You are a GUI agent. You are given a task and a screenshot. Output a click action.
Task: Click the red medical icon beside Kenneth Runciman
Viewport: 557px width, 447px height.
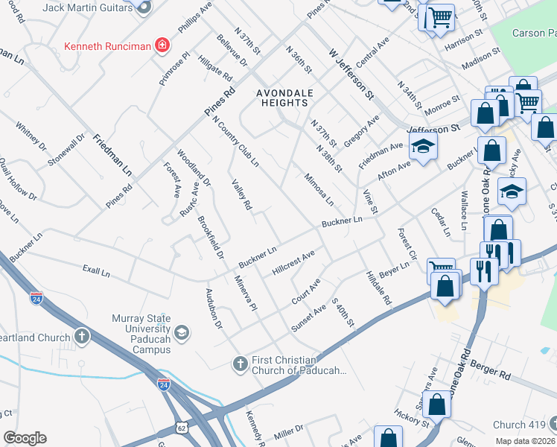click(x=162, y=45)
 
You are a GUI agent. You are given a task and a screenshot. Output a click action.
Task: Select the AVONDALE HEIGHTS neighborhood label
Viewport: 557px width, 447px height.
click(x=285, y=98)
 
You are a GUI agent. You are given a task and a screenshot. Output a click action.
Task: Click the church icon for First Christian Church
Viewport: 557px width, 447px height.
click(x=240, y=364)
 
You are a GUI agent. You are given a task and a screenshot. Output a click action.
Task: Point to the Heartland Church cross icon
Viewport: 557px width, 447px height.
click(x=81, y=337)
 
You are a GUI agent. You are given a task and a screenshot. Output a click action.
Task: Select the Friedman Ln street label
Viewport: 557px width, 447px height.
click(x=112, y=155)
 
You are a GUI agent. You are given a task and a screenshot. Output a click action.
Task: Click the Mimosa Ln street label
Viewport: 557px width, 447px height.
click(x=318, y=191)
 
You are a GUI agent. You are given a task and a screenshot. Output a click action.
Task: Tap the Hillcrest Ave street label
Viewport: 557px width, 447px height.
click(x=293, y=263)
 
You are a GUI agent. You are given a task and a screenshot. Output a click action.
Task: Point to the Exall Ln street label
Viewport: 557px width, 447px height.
click(x=96, y=273)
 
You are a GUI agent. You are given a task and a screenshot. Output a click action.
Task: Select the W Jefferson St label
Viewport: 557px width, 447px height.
click(x=351, y=74)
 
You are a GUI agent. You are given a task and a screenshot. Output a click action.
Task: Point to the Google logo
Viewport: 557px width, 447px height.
click(x=25, y=438)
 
